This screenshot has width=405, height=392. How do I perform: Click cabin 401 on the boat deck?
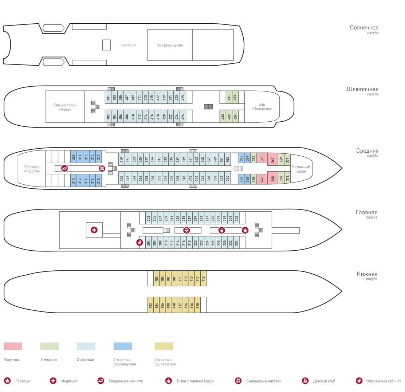(108, 97)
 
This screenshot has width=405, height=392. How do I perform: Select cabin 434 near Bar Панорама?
(235, 116)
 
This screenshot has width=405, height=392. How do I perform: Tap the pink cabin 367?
(272, 159)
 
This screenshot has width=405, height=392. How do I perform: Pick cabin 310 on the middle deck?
(74, 180)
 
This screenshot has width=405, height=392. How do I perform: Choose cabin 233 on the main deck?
(236, 218)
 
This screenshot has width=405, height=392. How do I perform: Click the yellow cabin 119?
(204, 278)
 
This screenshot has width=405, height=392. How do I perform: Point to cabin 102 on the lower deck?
(150, 305)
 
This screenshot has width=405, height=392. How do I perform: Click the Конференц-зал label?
(170, 45)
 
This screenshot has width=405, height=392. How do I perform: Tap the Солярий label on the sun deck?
(128, 45)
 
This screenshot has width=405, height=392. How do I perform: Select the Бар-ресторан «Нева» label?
(65, 107)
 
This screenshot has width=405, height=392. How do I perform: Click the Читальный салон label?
(301, 169)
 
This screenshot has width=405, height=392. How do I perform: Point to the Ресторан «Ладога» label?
(32, 169)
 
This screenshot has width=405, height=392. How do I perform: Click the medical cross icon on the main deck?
(94, 230)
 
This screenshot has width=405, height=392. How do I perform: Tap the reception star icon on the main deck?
(245, 230)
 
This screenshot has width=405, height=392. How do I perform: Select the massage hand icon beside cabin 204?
(140, 242)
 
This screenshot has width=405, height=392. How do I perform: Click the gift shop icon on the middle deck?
(102, 168)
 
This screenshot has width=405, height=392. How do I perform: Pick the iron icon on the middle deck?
(64, 168)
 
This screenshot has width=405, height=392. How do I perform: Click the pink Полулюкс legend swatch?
(13, 346)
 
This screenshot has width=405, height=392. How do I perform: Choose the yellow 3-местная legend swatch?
(164, 346)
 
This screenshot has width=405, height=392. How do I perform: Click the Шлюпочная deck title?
(363, 89)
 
